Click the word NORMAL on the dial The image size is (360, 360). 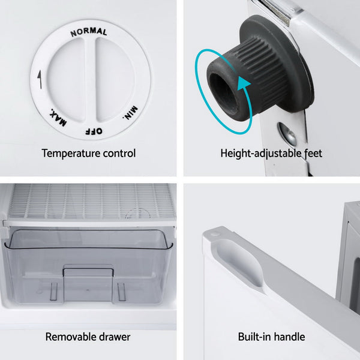89,32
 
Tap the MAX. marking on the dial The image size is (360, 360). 58,118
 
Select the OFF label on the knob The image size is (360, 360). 94,131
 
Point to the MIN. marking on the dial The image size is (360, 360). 130,113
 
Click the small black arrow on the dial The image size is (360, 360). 40,79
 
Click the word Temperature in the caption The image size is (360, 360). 71,154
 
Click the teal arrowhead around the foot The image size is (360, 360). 244,85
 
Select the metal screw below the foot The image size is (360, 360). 287,134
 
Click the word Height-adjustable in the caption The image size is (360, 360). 261,154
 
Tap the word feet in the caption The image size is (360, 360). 313,153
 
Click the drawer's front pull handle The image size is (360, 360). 88,271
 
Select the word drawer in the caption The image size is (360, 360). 115,337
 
